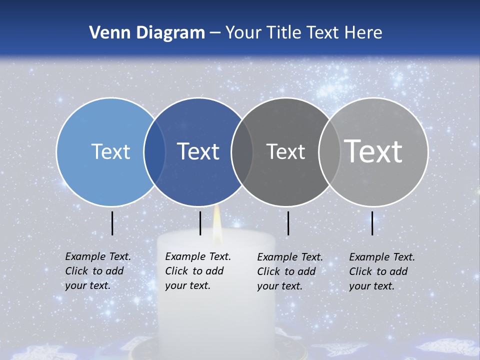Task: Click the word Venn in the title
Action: click(106, 33)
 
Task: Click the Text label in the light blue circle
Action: click(110, 151)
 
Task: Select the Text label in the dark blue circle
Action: click(198, 151)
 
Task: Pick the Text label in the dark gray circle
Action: click(285, 151)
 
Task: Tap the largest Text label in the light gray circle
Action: click(373, 151)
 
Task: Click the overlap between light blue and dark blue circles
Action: click(154, 151)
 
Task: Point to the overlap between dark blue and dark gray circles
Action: click(242, 151)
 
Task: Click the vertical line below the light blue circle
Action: click(112, 223)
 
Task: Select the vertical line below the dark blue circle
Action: click(200, 223)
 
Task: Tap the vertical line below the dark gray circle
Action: click(288, 223)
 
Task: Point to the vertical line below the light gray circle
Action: click(372, 223)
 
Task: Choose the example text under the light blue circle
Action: click(98, 271)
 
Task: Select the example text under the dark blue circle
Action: click(198, 271)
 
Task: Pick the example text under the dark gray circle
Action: click(290, 271)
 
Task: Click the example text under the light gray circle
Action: click(382, 271)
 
